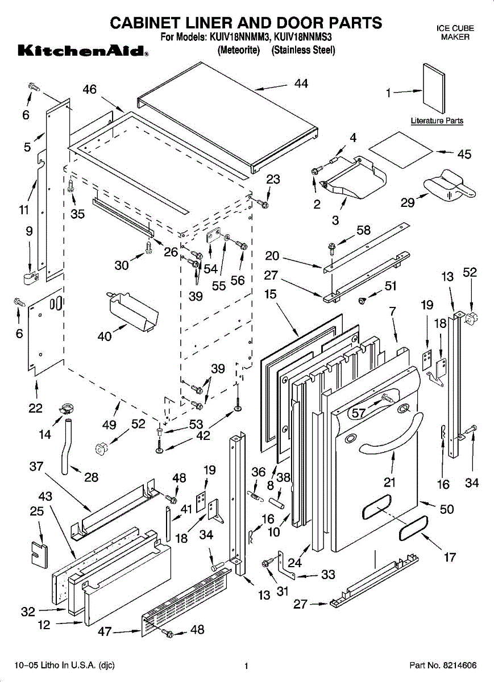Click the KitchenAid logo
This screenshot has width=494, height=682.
point(83,52)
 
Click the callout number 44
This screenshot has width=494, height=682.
point(301,84)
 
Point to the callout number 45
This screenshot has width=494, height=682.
point(464,154)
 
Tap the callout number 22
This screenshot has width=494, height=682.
point(35,407)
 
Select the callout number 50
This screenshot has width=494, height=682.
point(447,509)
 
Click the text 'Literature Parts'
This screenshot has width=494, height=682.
point(437,120)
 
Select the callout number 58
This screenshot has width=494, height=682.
point(363,230)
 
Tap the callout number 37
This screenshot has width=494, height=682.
point(36,467)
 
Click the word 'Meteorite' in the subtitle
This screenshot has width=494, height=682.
point(239,50)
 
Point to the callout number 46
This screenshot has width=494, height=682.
point(89,89)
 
